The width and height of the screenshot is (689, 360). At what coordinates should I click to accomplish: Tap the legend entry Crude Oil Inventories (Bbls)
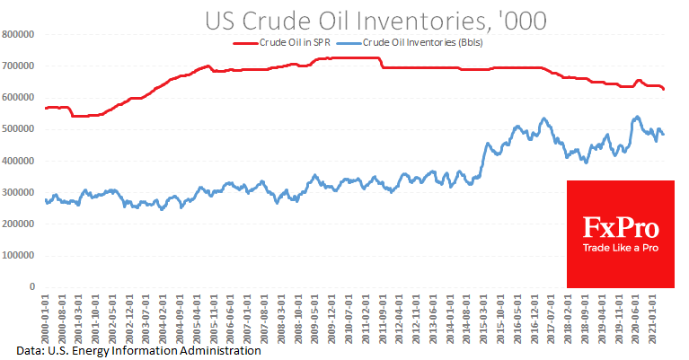(x=421, y=42)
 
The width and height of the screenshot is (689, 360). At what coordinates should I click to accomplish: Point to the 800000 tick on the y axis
(x=18, y=34)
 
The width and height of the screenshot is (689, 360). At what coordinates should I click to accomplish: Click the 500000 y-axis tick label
(x=18, y=129)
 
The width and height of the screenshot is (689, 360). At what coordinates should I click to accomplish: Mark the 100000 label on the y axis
(x=18, y=256)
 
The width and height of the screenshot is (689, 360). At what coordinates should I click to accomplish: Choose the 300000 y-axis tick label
(x=18, y=192)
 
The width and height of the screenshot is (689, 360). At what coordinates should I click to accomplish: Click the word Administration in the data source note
(x=219, y=350)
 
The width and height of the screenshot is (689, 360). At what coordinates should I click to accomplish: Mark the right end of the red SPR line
(x=663, y=89)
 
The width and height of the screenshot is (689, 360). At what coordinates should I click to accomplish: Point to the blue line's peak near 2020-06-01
(x=637, y=117)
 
